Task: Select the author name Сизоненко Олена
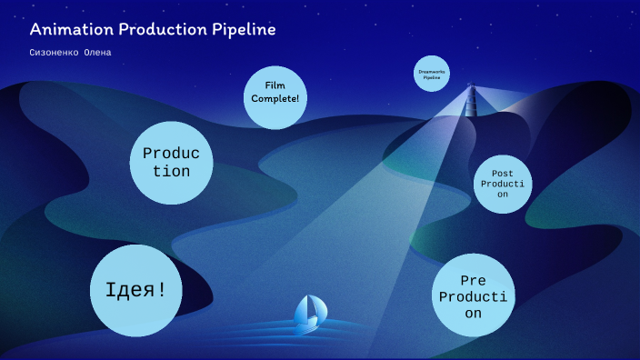click(71, 52)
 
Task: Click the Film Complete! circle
click(275, 96)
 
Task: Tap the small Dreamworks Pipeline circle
click(432, 75)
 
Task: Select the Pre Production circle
click(473, 295)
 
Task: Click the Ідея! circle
click(135, 290)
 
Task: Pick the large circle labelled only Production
click(171, 163)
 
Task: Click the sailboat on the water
click(310, 314)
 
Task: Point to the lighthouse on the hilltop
click(471, 96)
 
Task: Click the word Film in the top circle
click(275, 85)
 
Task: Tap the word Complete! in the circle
click(275, 98)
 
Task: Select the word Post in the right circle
click(503, 173)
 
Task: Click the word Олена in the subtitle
click(96, 52)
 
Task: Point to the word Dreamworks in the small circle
click(432, 71)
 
